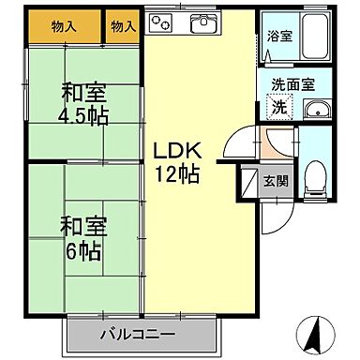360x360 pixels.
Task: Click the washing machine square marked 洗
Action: (x=279, y=107)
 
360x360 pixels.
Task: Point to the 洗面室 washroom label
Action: (x=292, y=83)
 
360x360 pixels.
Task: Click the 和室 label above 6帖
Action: (x=82, y=226)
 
